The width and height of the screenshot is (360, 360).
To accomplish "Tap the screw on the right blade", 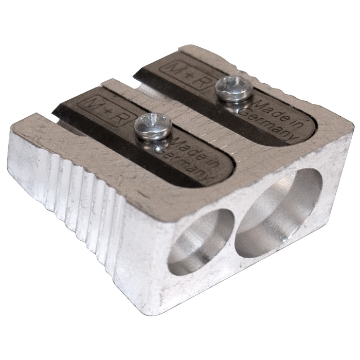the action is click(x=234, y=88).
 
